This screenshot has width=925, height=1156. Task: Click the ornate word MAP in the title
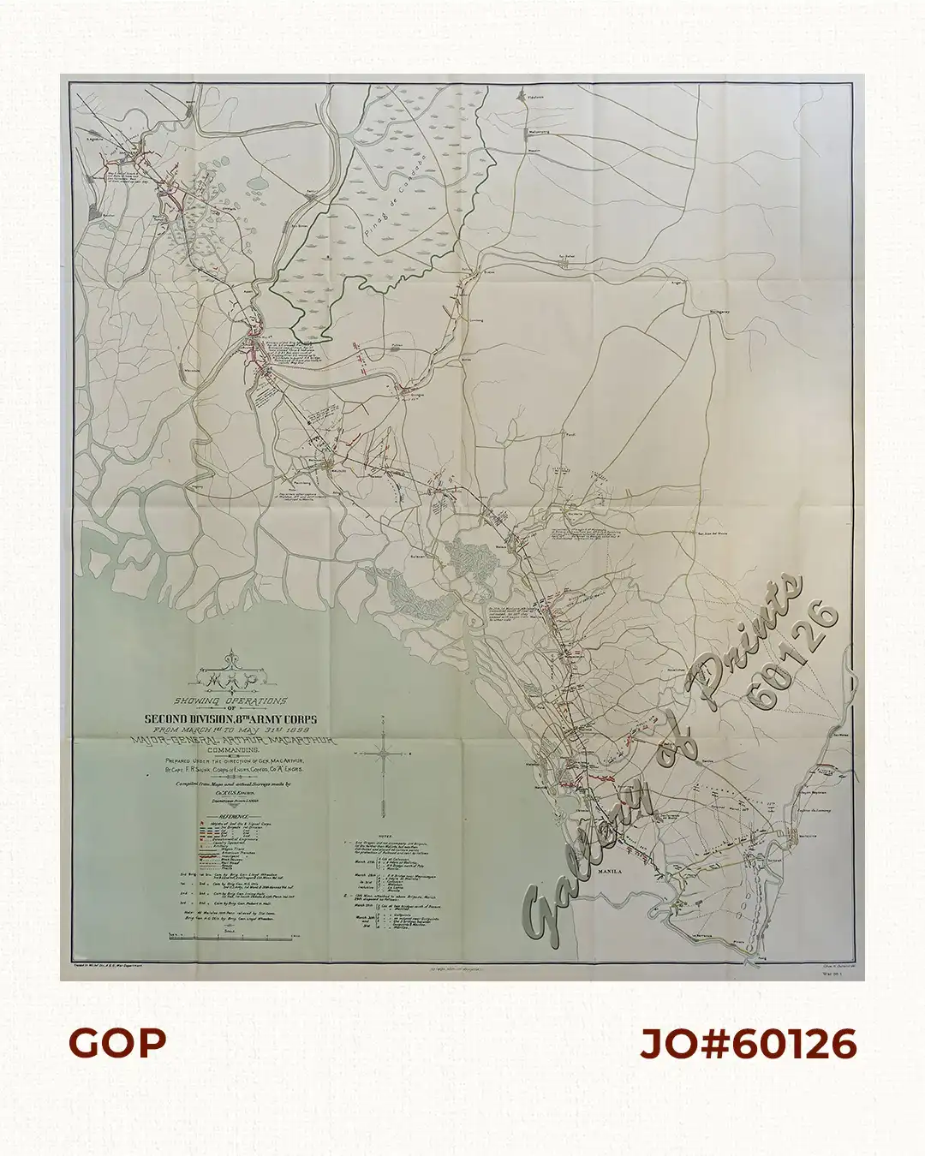click(228, 680)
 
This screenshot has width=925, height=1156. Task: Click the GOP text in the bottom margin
click(117, 1043)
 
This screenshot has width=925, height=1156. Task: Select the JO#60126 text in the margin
click(748, 1044)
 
